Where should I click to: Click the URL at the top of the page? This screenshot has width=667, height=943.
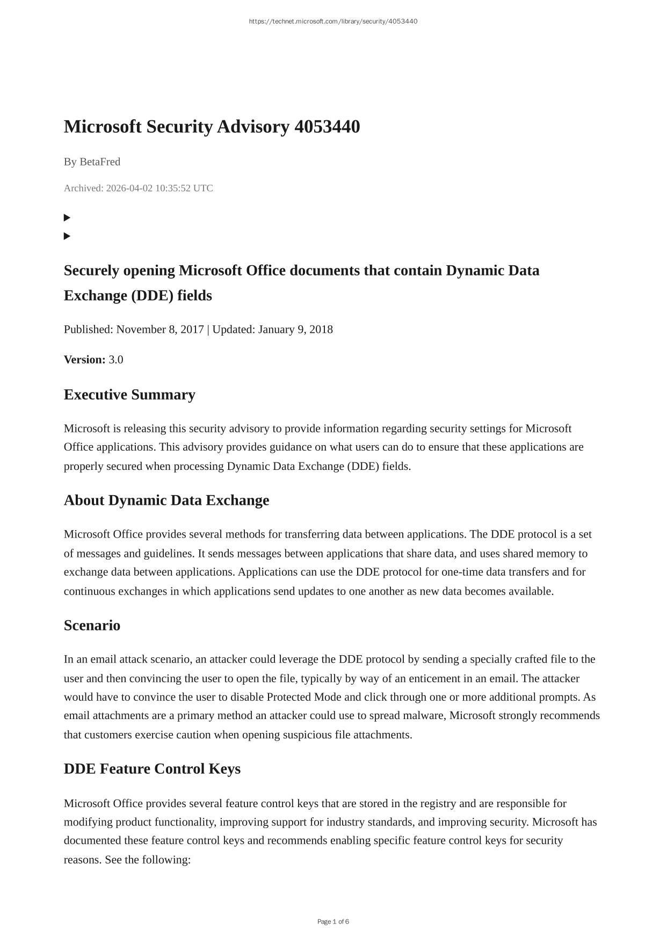pos(333,21)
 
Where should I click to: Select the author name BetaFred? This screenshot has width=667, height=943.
pos(100,162)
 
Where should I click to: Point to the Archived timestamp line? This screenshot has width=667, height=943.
pos(139,188)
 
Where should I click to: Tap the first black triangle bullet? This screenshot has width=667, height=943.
pos(67,217)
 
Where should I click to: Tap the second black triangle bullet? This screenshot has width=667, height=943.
pos(67,236)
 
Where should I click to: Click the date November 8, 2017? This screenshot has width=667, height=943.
pos(160,329)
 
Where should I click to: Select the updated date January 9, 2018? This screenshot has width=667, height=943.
pos(295,329)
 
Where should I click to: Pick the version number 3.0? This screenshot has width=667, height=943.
pos(116,359)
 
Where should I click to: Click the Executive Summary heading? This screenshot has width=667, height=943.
pos(129,395)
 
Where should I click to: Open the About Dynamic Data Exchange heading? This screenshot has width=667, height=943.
pos(166,500)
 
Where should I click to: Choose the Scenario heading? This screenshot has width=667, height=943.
pos(92,626)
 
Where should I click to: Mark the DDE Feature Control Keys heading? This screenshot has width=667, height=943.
pos(152,769)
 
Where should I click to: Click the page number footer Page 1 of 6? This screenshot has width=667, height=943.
pos(333,922)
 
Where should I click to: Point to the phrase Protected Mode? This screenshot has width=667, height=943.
pos(304,697)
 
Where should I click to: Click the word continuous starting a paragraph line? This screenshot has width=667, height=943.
pos(89,591)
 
